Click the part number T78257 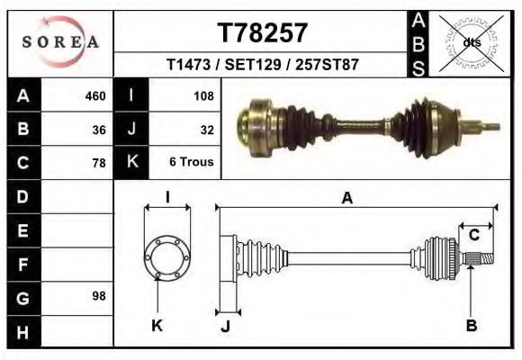coord(263,33)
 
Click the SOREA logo coord(60,41)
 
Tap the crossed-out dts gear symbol coord(471,41)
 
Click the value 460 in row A coord(95,95)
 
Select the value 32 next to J coord(206,129)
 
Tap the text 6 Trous coord(191,163)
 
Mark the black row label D coord(23,196)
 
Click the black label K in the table coord(131,162)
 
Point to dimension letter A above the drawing coord(346,199)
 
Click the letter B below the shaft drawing coord(471,326)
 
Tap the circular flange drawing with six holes coord(167,258)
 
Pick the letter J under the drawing coord(225,327)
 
